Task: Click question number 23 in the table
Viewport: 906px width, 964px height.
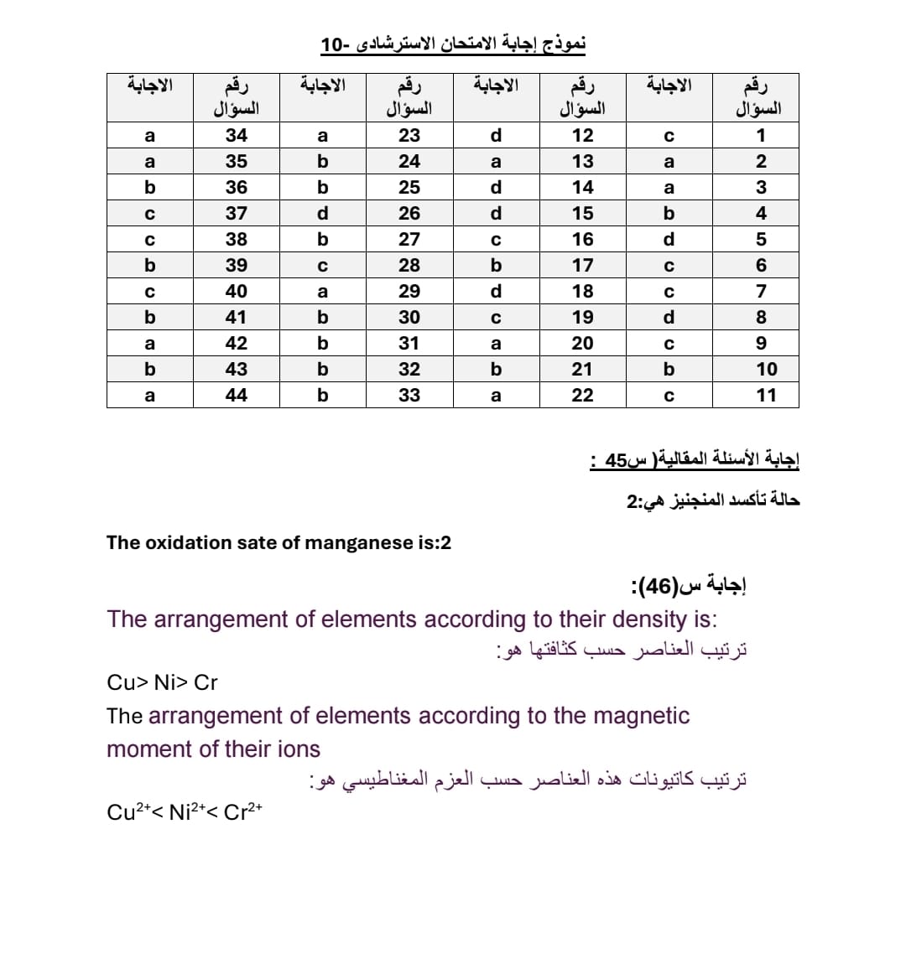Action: [409, 136]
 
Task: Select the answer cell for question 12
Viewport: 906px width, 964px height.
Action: [496, 136]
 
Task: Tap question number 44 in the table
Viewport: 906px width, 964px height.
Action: [237, 395]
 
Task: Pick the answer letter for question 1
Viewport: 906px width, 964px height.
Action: [669, 136]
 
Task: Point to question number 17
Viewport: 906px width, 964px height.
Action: [582, 266]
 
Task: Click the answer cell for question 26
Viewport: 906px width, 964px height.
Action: [323, 214]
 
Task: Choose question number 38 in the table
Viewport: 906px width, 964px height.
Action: [237, 240]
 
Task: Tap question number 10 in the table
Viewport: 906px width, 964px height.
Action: [766, 369]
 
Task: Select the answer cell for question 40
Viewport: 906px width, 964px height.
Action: [149, 292]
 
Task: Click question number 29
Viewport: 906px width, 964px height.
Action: [409, 292]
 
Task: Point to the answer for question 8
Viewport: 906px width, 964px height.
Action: [669, 318]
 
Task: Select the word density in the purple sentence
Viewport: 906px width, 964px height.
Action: [649, 619]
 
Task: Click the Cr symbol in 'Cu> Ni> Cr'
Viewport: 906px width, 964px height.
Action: [206, 683]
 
